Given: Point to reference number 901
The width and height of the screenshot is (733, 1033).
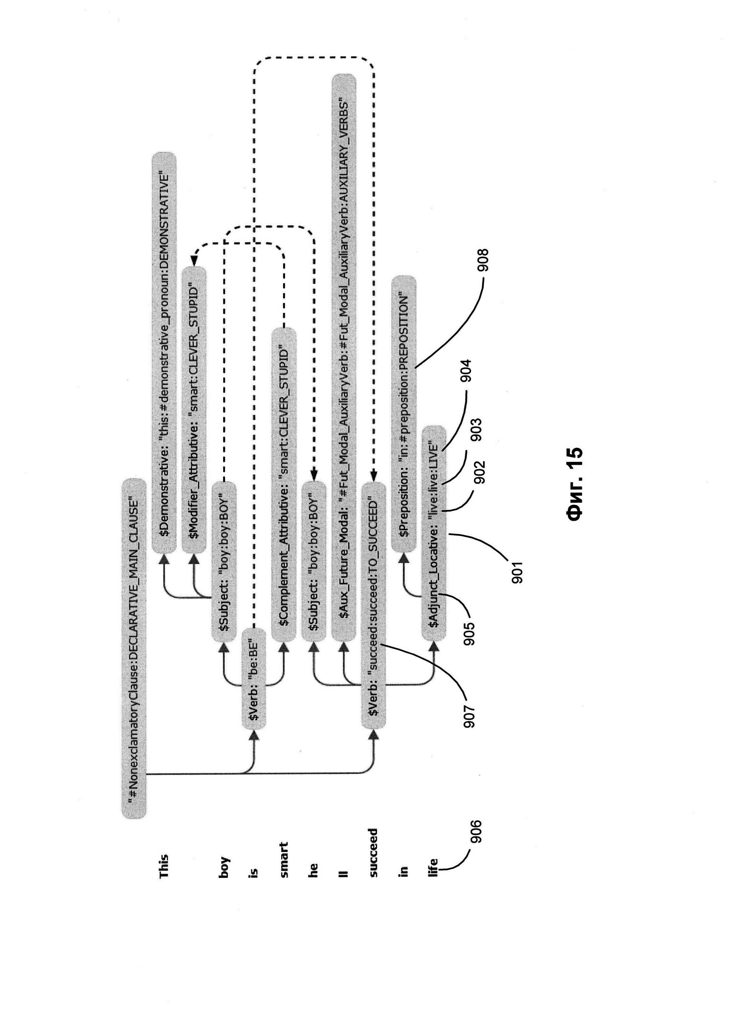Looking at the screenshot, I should coord(517,572).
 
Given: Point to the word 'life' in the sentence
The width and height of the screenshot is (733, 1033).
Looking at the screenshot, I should coord(433,867).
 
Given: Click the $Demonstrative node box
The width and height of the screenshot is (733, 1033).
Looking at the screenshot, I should coord(163,352).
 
